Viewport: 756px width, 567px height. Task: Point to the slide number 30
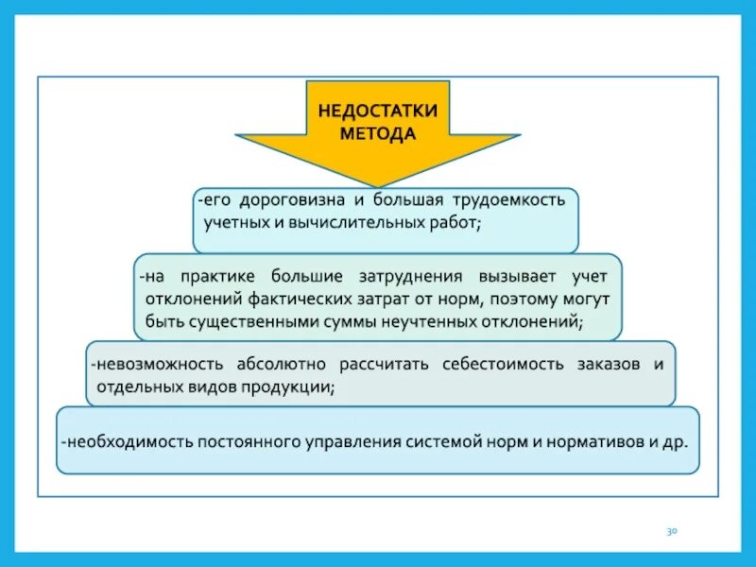coord(673,532)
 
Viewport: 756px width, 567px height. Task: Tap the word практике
coord(215,276)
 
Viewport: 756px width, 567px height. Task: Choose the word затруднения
coord(397,276)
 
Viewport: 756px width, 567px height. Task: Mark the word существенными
coord(243,321)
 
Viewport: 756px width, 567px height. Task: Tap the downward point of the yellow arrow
coord(377,185)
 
